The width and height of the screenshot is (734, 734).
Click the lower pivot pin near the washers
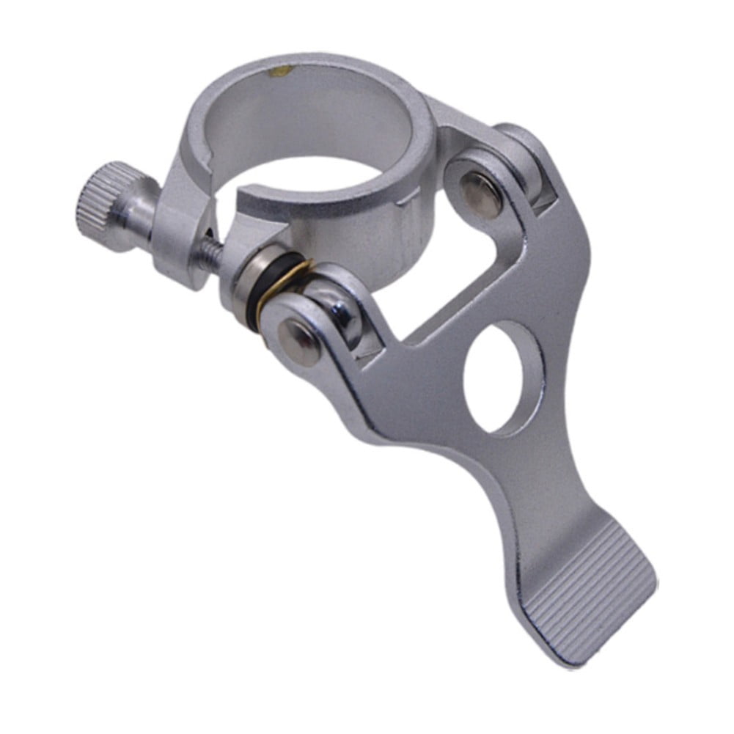click(x=300, y=334)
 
